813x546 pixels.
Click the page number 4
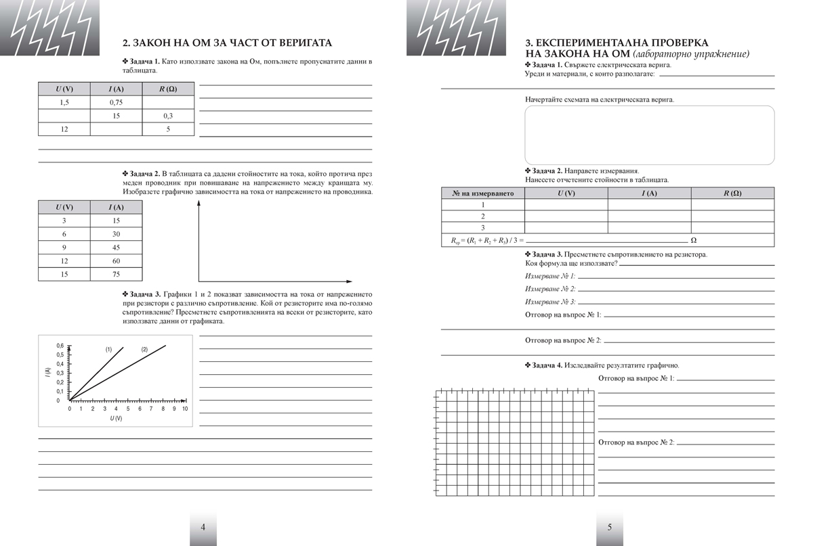pos(203,528)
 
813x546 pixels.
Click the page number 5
pos(609,528)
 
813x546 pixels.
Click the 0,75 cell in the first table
pos(116,102)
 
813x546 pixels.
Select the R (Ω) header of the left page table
pos(168,89)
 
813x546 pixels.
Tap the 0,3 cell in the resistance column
pos(168,116)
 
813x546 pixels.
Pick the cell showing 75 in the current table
pos(116,274)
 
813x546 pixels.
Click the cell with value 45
pos(116,248)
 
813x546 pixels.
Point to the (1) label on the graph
pos(108,349)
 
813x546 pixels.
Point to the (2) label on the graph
pos(144,349)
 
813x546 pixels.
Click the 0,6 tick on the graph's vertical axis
pos(59,346)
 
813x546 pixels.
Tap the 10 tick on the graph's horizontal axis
pos(184,409)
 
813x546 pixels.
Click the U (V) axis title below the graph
pos(117,419)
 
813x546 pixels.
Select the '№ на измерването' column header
pos(483,194)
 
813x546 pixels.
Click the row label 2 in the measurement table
pos(483,217)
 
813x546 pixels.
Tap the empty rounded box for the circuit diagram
pos(649,135)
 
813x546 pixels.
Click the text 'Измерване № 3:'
pos(550,302)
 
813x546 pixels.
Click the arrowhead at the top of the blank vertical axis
pos(199,206)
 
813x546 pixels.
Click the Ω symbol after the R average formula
pos(693,240)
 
